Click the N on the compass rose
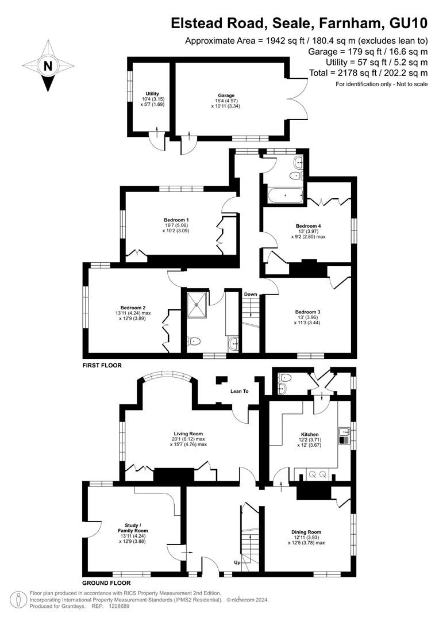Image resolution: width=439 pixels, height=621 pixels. coord(48,66)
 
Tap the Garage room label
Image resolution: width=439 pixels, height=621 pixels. coord(226,95)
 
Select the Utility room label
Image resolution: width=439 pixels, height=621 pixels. coord(152,94)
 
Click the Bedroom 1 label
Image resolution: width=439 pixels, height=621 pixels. coord(176,220)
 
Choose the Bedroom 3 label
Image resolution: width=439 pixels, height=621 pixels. coord(307,312)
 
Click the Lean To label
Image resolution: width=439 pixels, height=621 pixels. coord(240,392)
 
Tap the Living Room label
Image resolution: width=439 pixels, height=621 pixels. coord(188,434)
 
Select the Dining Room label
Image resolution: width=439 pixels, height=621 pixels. coord(306,532)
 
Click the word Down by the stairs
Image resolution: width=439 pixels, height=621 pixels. coord(251,294)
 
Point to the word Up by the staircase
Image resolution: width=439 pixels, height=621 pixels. coord(237,562)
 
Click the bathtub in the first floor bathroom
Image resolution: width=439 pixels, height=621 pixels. coord(286,195)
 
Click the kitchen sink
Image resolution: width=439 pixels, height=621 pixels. coord(344,436)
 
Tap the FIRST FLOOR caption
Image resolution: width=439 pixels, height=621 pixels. coord(102,365)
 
